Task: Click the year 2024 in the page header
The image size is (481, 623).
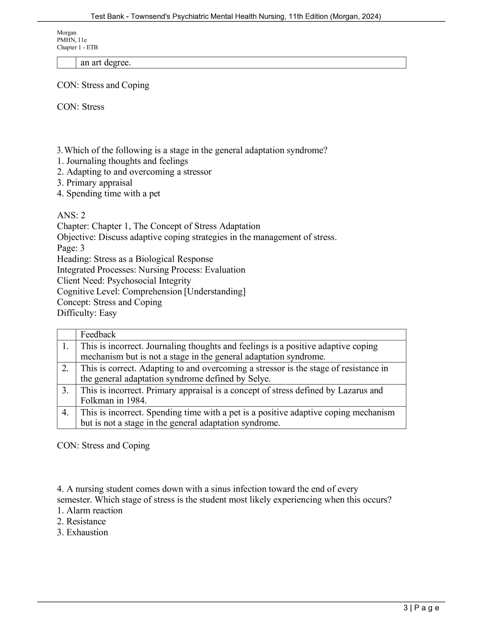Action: [x=370, y=17]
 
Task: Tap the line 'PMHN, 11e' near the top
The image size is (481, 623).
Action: [x=72, y=40]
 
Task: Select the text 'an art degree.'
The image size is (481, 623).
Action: [x=106, y=63]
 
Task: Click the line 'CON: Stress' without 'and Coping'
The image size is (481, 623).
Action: [x=81, y=107]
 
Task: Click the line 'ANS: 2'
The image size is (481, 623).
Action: [x=71, y=215]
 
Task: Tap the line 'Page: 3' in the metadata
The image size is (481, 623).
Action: [x=71, y=248]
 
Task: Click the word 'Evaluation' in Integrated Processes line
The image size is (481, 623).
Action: [x=225, y=270]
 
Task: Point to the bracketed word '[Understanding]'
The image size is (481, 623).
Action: [x=215, y=291]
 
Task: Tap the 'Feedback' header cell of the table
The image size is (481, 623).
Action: [x=98, y=334]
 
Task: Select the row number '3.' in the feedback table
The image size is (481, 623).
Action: [x=65, y=390]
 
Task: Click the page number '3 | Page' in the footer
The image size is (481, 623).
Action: [x=421, y=608]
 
